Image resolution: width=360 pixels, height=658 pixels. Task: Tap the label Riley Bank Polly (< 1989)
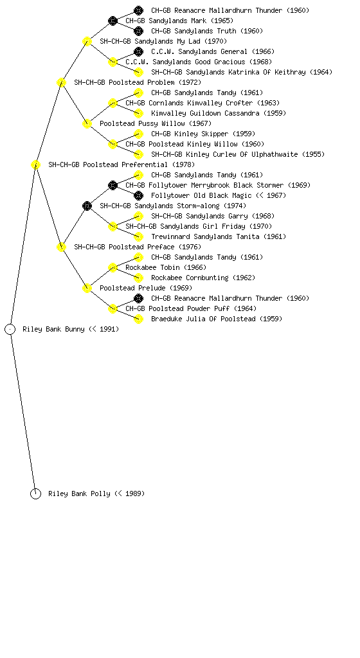(x=96, y=494)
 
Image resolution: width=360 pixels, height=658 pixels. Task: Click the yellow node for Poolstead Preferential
(x=35, y=165)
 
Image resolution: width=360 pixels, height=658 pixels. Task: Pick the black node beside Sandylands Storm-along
(x=87, y=206)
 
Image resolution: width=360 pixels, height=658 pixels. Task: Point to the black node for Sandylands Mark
(x=113, y=21)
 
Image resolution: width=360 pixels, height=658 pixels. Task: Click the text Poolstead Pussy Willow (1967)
(x=156, y=124)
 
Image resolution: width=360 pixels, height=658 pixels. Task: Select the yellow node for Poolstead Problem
(x=61, y=83)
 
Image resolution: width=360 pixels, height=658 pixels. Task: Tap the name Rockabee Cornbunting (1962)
(x=203, y=278)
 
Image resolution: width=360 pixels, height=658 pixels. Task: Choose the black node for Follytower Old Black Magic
(x=138, y=195)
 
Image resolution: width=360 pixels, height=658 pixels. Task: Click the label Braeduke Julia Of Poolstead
(x=204, y=319)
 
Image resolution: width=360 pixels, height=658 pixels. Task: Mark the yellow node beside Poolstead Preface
(x=61, y=247)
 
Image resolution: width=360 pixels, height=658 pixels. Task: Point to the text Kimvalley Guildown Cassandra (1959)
(x=219, y=113)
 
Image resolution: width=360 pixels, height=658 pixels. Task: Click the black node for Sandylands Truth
(x=138, y=31)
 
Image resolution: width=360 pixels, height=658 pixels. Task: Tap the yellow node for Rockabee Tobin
(x=113, y=268)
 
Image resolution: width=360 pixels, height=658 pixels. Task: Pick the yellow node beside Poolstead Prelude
(x=87, y=289)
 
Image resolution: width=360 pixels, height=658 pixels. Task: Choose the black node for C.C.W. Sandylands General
(x=138, y=51)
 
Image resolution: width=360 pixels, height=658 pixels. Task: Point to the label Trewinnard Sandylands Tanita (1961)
(x=219, y=236)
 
